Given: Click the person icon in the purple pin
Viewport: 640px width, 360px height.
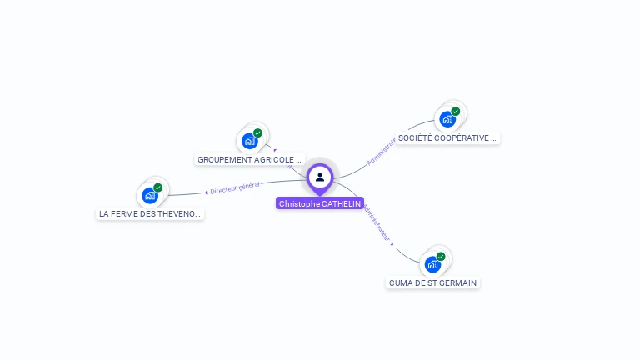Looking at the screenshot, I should click(320, 177).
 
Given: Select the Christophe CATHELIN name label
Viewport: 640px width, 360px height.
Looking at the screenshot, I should click(320, 203).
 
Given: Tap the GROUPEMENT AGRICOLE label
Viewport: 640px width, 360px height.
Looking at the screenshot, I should click(249, 159).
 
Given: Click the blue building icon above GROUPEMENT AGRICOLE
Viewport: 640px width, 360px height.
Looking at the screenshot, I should click(249, 141).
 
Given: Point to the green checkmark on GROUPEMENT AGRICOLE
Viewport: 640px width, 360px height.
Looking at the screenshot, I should click(258, 132).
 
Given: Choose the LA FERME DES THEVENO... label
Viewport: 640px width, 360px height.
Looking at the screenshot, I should click(150, 213).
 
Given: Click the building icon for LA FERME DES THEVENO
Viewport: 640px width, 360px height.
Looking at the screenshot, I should click(149, 196).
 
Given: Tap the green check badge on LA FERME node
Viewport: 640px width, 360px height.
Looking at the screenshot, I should click(158, 187).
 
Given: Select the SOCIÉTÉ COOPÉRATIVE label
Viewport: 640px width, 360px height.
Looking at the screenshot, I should click(447, 137).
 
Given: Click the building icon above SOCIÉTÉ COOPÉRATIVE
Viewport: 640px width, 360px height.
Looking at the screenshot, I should click(447, 119).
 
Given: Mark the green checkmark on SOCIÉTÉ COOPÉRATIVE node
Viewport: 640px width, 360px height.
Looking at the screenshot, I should click(456, 111).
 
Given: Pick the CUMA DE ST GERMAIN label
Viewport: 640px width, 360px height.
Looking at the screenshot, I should click(432, 282).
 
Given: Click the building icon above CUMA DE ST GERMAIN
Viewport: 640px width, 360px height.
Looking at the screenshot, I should click(432, 265).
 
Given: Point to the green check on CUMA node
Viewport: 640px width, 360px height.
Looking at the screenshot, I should click(441, 257).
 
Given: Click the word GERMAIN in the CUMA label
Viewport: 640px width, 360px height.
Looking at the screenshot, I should click(460, 282).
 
